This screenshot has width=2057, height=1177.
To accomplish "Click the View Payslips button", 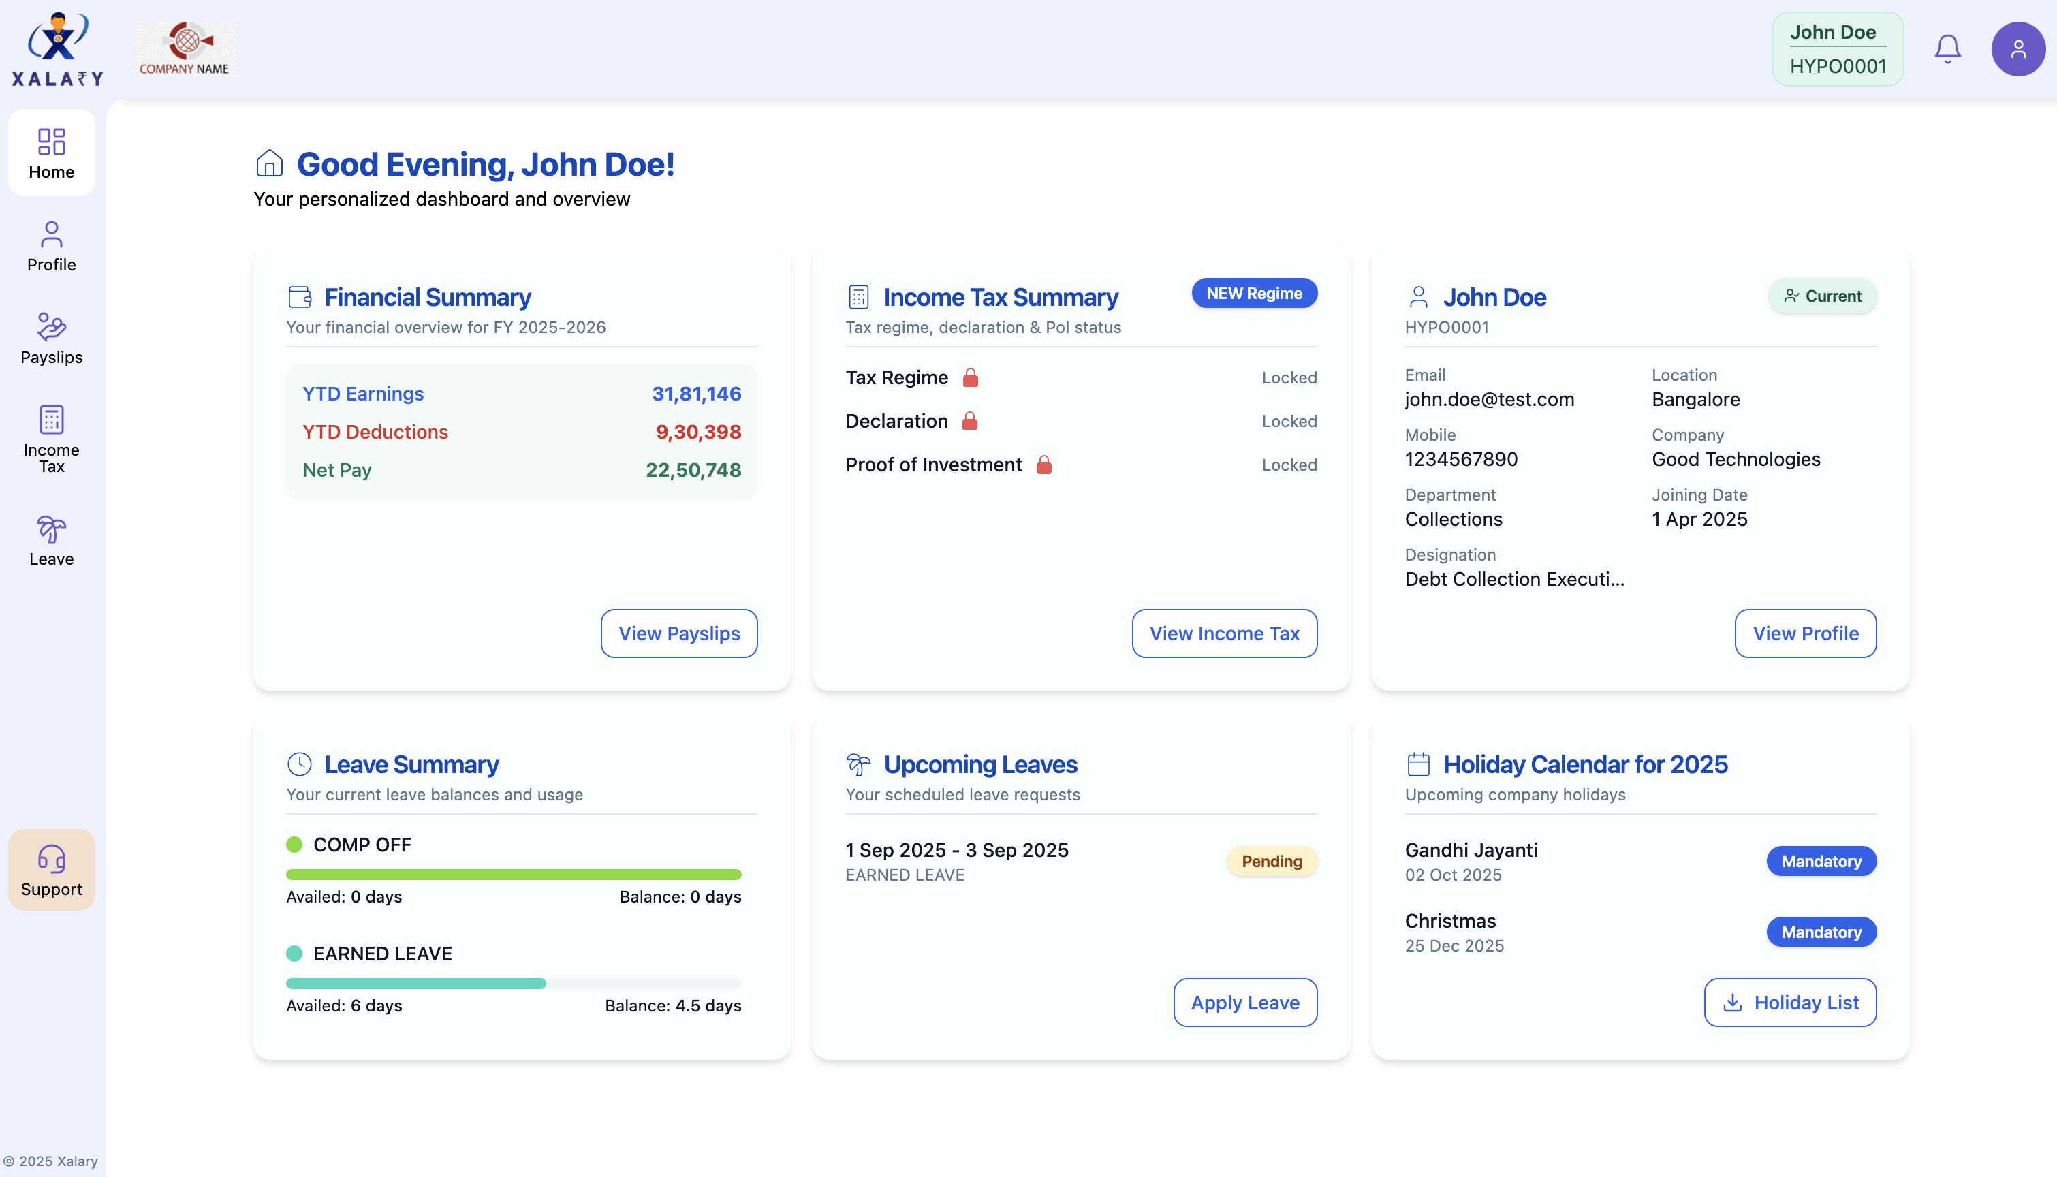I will pos(679,633).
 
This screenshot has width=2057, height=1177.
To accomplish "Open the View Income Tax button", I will pos(1224,633).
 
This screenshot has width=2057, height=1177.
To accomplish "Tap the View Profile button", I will pos(1805,633).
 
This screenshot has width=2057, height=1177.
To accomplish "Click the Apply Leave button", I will pos(1244,1003).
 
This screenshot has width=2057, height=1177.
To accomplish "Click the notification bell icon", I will pos(1947,49).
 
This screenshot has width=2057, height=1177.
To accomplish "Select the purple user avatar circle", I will pos(2017,49).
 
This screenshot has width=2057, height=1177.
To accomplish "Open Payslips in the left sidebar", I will pos(51,338).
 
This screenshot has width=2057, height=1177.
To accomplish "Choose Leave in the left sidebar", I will pos(51,540).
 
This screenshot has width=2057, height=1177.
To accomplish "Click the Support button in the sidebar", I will pos(51,870).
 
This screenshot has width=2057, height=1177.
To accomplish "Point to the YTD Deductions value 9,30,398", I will pos(697,432).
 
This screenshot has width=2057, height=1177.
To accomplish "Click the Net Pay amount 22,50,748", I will pos(693,470).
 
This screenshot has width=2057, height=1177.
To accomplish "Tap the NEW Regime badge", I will pos(1253,294).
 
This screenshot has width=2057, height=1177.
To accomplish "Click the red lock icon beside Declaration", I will pos(970,421).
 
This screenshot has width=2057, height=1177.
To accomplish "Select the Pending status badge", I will pos(1272,861).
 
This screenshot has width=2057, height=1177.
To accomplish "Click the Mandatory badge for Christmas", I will pos(1821,932).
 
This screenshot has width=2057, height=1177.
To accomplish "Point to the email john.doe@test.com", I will pos(1489,399).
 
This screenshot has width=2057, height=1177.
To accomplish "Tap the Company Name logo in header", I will pos(185,48).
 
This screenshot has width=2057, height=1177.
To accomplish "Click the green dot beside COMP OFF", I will pos(294,845).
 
